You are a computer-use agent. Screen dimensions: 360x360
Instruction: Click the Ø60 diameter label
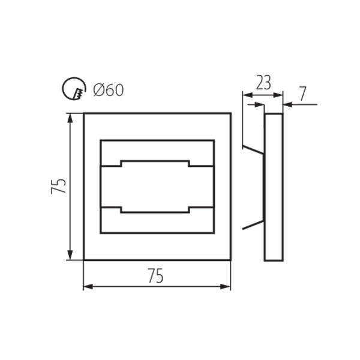(109, 91)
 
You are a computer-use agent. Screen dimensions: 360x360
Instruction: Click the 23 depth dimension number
(263, 83)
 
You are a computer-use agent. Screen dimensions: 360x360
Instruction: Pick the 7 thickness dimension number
(302, 94)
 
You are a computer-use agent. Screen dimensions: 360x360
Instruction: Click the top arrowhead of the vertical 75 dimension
(71, 118)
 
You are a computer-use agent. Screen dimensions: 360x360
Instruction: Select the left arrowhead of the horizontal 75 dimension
(88, 287)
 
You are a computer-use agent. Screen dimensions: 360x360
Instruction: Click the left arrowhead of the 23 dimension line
(245, 94)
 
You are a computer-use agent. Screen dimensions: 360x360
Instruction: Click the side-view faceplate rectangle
(274, 187)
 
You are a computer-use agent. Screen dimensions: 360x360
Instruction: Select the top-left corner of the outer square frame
(84, 113)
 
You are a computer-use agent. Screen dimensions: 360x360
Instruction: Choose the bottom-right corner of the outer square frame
(230, 260)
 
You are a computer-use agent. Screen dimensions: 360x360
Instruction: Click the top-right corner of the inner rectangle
(214, 140)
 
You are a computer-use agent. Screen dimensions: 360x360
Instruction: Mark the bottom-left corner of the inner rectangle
(100, 233)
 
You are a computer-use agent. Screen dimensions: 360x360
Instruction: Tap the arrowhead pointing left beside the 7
(286, 104)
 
